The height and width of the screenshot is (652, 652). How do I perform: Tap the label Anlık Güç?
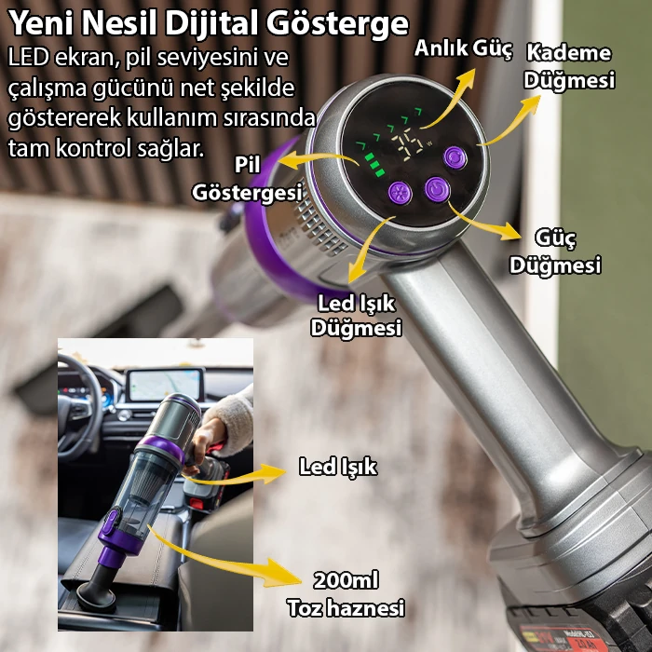point(463,48)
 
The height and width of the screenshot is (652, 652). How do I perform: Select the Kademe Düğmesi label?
point(569,66)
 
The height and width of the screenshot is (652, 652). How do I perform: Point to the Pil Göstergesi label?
point(247,179)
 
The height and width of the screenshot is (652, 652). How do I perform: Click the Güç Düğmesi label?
point(555,251)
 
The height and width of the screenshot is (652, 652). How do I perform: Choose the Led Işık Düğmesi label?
point(357,316)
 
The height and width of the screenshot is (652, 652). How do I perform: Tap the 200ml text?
point(346,580)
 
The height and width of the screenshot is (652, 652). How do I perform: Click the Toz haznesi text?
point(346,608)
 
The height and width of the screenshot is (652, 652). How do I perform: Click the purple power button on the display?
point(437,189)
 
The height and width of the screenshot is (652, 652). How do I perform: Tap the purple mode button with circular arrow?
point(455,157)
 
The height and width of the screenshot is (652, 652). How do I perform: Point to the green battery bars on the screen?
point(374,165)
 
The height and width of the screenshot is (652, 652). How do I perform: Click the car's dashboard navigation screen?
point(165,385)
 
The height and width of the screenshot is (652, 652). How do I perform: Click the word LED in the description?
point(28,58)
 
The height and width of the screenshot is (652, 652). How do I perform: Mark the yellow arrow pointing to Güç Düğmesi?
point(484,222)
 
